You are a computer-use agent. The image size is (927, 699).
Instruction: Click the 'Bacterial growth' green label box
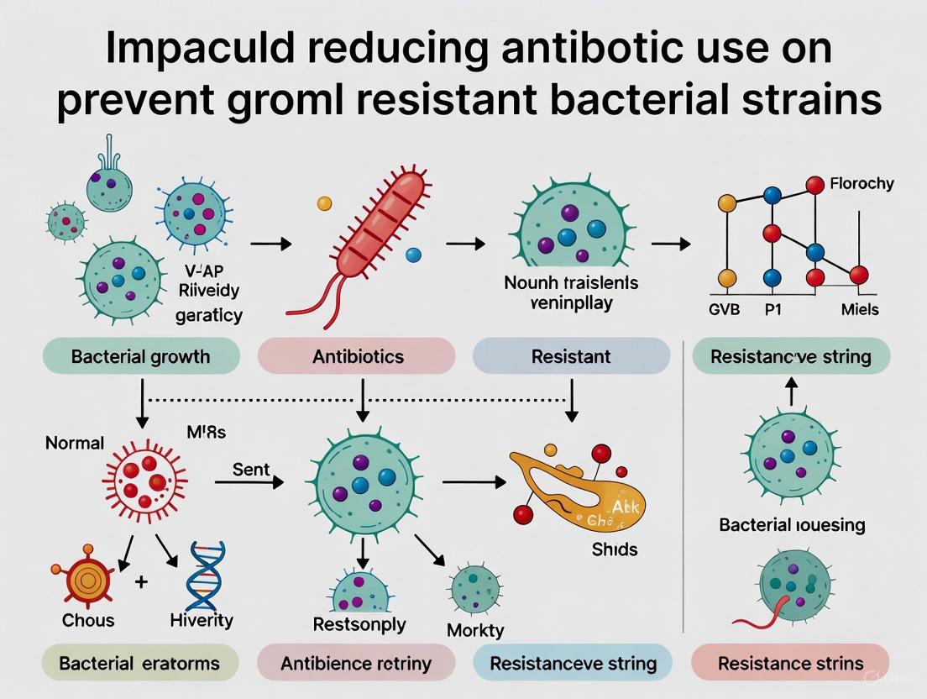(141, 356)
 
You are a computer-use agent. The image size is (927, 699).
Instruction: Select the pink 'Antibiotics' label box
(358, 356)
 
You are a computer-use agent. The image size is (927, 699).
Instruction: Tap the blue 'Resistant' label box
(571, 356)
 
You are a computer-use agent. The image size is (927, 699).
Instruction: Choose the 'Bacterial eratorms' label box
(139, 663)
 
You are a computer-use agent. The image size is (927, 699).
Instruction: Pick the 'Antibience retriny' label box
(357, 663)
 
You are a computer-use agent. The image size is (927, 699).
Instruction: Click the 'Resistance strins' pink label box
(790, 663)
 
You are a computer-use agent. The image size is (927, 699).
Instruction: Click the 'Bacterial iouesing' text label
(792, 525)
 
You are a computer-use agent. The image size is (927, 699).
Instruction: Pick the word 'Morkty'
(475, 629)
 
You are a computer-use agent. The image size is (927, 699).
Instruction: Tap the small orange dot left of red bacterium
(324, 203)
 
